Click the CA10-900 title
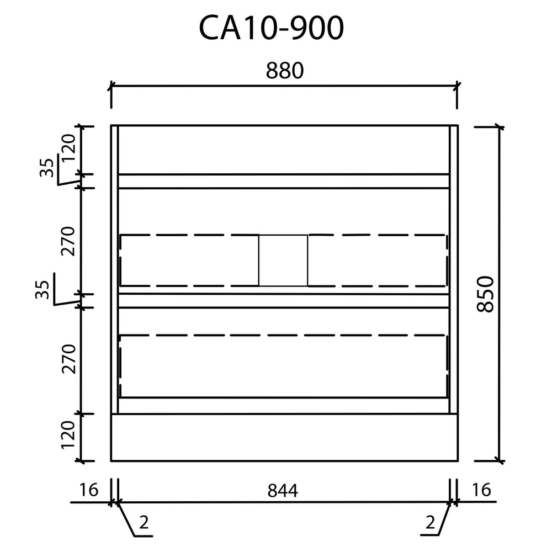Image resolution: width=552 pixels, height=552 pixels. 271,28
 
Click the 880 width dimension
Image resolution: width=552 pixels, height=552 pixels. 284,71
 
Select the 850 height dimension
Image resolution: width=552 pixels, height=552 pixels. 485,294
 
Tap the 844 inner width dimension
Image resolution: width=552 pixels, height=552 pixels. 283,490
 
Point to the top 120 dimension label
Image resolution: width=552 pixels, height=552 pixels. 68,148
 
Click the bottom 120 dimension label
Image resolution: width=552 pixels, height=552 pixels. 68,435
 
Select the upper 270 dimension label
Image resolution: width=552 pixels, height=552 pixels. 68,241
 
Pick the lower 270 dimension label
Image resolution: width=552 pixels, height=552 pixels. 68,359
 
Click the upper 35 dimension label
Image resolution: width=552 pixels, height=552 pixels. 46,168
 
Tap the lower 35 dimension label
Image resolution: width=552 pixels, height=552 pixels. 43,289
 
